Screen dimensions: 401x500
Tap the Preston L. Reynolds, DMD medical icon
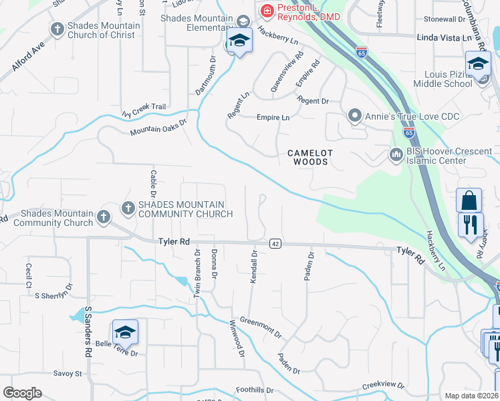[267, 10]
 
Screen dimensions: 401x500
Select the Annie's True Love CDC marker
[355, 116]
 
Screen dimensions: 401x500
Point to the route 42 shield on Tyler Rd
[275, 244]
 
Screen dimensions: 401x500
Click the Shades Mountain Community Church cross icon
[128, 209]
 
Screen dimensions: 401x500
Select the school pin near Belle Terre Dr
[125, 332]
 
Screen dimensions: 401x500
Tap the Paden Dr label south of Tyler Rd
[309, 266]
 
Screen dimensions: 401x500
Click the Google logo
[22, 393]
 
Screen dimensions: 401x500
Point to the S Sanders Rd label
[88, 332]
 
